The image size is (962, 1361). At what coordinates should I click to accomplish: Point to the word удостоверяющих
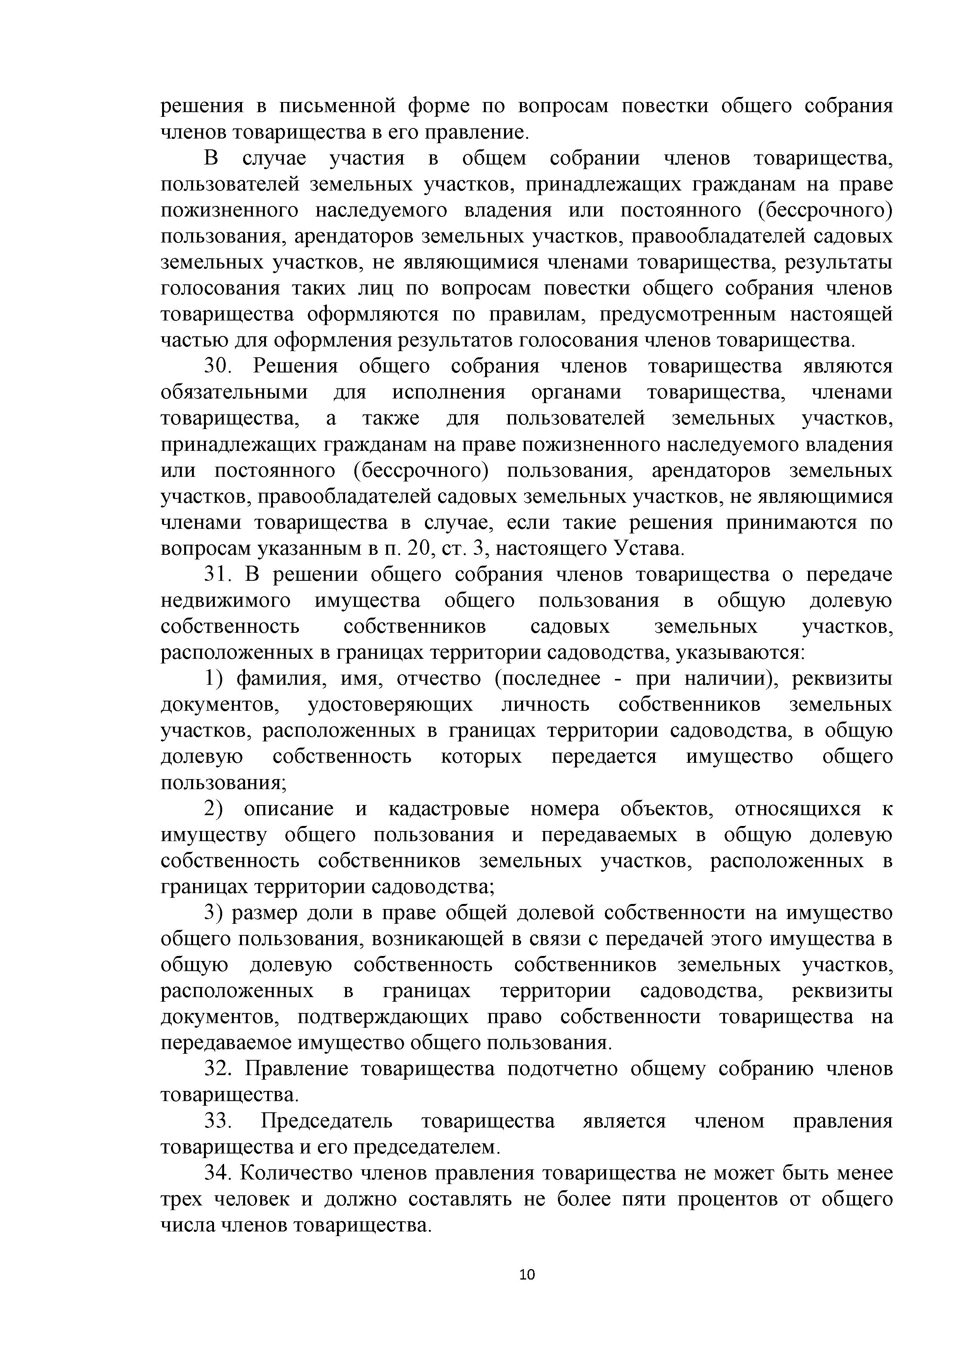[390, 705]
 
